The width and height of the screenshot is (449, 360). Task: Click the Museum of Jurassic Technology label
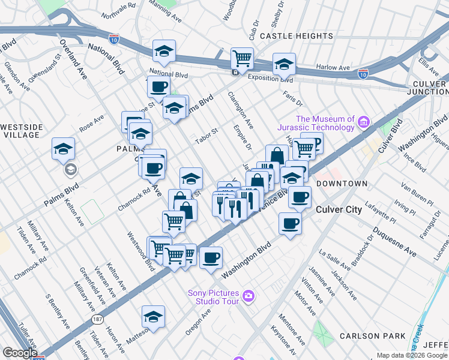(316, 123)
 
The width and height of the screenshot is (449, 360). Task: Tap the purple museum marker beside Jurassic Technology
(363, 124)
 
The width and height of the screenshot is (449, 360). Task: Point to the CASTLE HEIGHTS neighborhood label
(292, 36)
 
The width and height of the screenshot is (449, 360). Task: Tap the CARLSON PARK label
(372, 336)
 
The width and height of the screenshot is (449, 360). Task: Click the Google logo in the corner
(20, 353)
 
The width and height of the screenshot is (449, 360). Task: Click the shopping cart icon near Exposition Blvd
(242, 59)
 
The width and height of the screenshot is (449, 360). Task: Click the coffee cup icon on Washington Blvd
(211, 258)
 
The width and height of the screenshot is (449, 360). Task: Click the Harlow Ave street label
(334, 68)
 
